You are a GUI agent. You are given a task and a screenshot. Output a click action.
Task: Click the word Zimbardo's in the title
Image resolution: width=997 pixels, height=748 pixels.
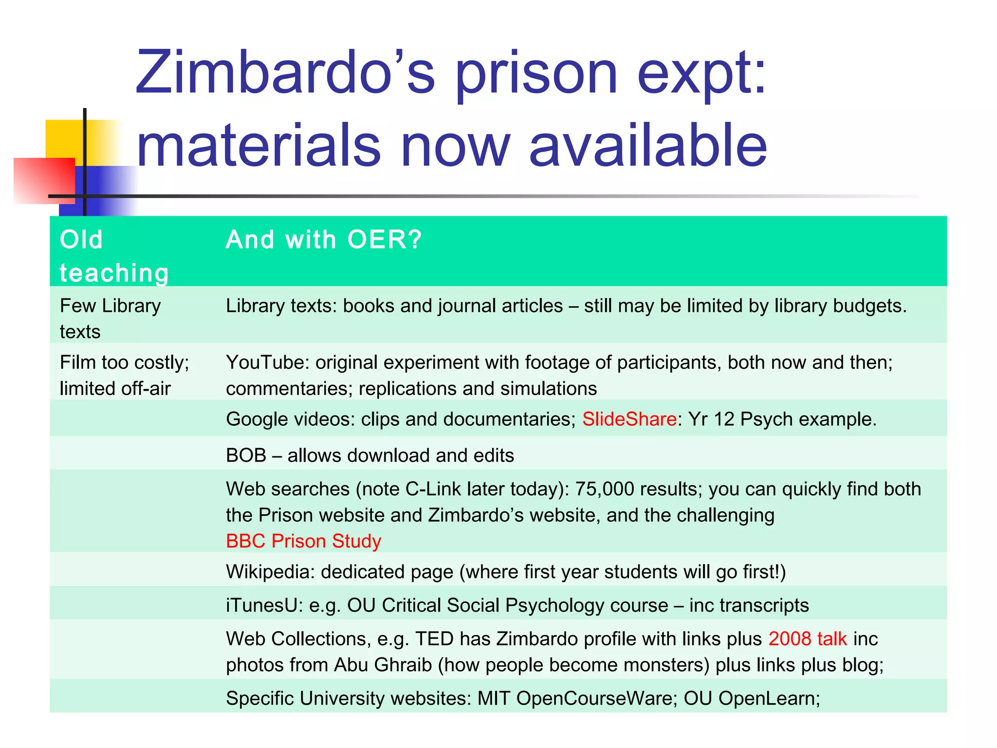pos(285,73)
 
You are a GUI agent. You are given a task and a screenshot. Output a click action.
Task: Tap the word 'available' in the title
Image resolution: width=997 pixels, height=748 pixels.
pos(647,145)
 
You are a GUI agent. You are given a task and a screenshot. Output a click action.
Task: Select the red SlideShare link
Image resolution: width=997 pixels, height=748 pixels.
pos(629,419)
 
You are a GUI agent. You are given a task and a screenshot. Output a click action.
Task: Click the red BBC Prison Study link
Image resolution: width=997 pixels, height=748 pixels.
pos(303,541)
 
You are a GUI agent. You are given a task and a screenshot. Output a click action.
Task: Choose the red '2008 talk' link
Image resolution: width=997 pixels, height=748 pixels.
pos(808,639)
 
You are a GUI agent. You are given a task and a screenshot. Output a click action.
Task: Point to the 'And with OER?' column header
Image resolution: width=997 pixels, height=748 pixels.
pos(324,240)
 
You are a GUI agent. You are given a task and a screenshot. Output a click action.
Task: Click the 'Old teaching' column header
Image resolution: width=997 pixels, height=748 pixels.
pos(114,256)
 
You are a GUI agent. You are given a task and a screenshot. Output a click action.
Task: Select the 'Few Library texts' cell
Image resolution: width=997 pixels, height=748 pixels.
pos(110,318)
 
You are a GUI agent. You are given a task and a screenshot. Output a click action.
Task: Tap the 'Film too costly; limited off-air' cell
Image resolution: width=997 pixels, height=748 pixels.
pos(124,375)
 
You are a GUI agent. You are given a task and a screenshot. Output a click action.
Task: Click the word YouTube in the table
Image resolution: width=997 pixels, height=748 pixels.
pos(267,363)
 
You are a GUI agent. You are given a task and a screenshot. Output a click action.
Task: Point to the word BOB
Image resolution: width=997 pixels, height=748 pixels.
pos(246,455)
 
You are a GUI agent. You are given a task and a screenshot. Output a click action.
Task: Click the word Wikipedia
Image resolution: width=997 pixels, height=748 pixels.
pos(270,572)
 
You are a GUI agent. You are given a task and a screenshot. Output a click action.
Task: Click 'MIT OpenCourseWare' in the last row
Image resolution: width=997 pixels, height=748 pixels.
pos(576,698)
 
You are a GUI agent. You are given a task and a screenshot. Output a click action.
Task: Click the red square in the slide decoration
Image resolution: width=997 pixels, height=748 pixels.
pos(44,180)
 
